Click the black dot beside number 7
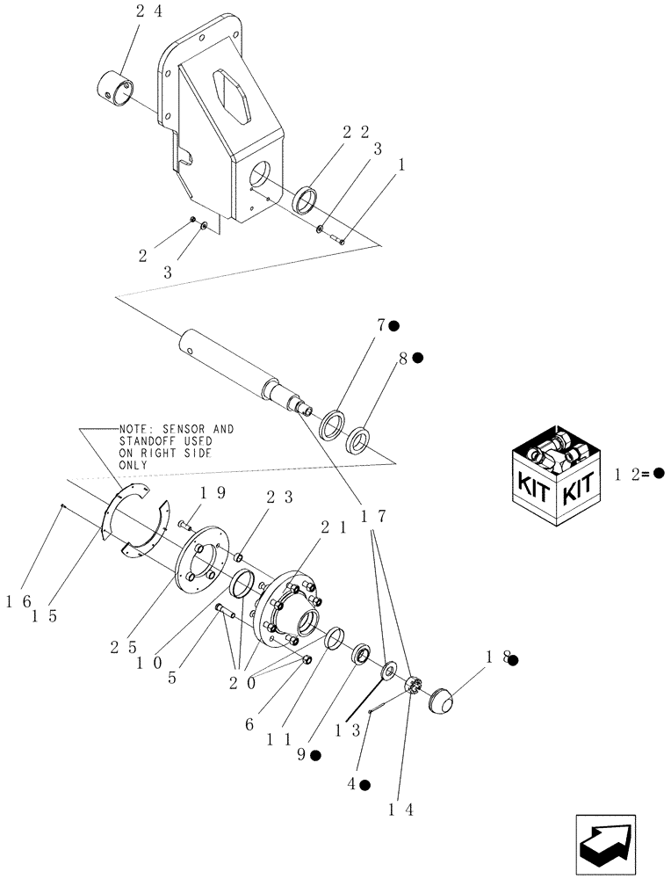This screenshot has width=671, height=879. pyautogui.click(x=394, y=325)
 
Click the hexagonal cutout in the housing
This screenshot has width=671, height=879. pyautogui.click(x=234, y=91)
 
